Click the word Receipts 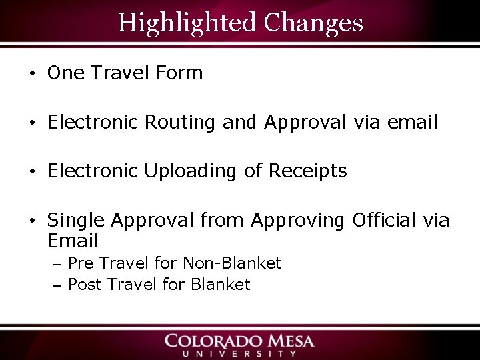coord(308,171)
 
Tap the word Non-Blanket coord(232,263)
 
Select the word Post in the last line coord(85,285)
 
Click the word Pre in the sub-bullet coord(81,263)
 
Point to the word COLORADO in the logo coord(218,341)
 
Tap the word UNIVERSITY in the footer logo coord(239,353)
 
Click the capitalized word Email coord(73,241)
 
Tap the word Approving coord(298,221)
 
